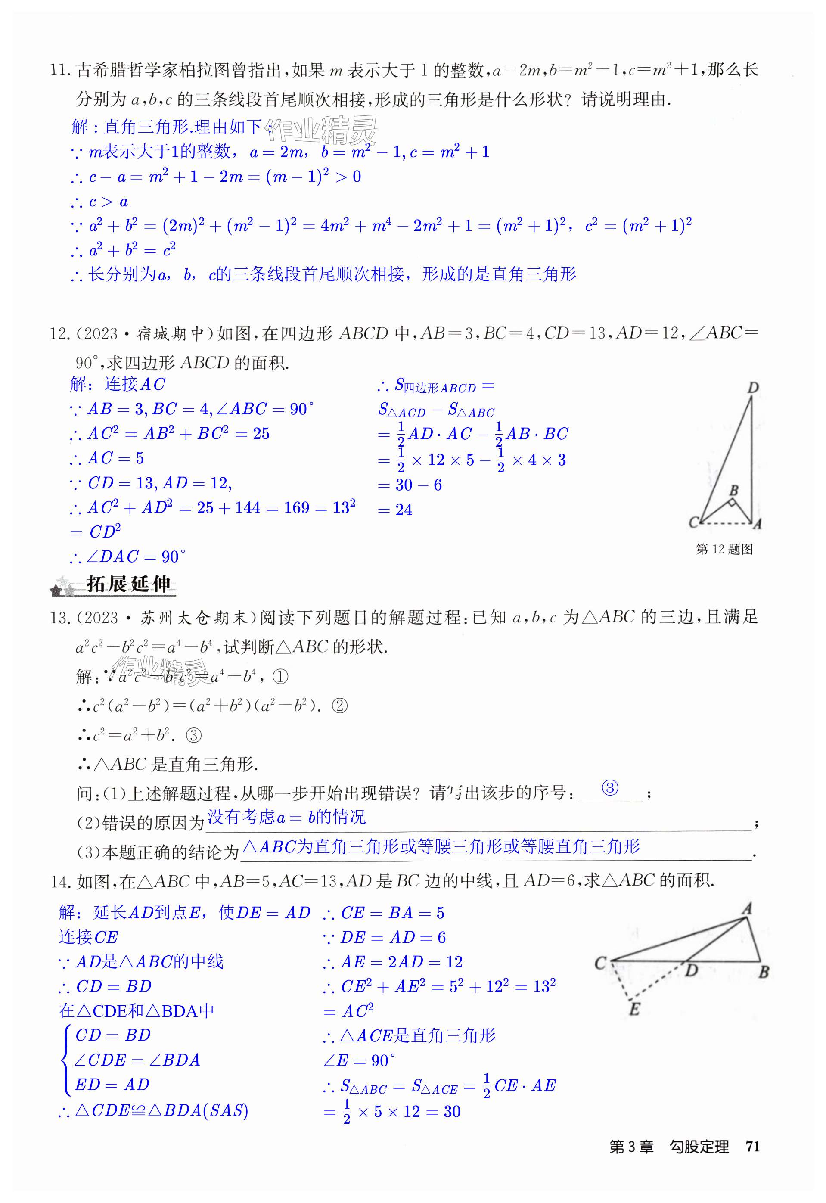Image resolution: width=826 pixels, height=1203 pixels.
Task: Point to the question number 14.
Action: pos(61,882)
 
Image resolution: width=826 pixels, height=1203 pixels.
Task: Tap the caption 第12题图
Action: pos(724,549)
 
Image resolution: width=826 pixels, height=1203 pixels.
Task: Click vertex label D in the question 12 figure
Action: pos(753,387)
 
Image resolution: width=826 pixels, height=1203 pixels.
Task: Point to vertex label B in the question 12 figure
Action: pos(733,490)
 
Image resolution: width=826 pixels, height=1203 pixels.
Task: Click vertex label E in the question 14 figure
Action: pos(634,1010)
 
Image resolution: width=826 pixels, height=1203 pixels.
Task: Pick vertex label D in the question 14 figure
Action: pos(692,970)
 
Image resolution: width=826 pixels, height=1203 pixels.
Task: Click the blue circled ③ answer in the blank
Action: pos(610,788)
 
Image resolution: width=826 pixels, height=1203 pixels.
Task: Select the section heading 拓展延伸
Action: pos(128,584)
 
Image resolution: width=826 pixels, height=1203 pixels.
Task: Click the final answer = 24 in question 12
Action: pos(396,510)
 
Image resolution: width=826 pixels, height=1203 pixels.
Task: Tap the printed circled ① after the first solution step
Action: pos(280,677)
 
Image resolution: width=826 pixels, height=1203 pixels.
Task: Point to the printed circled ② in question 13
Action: pos(339,706)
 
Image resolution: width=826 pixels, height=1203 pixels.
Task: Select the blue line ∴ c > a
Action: pos(99,202)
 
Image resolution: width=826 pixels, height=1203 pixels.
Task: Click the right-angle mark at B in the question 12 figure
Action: pos(732,502)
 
